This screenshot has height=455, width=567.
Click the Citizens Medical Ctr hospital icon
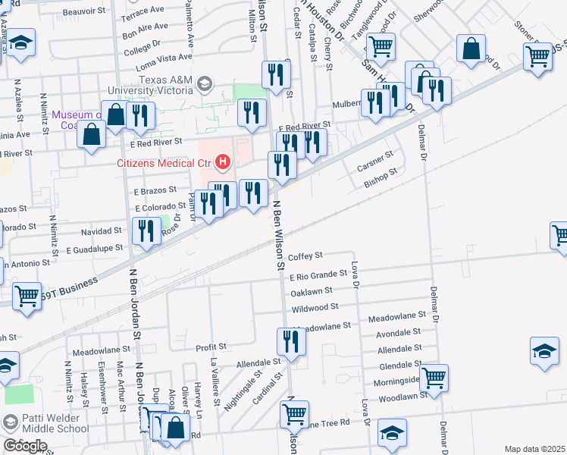[x=223, y=162]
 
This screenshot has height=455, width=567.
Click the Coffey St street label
[x=305, y=256]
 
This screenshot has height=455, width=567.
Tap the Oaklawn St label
[x=312, y=290]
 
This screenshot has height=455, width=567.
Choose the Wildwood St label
[x=315, y=308]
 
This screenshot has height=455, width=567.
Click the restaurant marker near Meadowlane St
[x=291, y=342]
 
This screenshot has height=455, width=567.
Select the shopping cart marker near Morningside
[x=434, y=377]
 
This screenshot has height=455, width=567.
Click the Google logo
[x=25, y=446]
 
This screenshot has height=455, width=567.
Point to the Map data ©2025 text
[x=534, y=449]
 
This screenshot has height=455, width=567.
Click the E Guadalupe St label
[x=94, y=248]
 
